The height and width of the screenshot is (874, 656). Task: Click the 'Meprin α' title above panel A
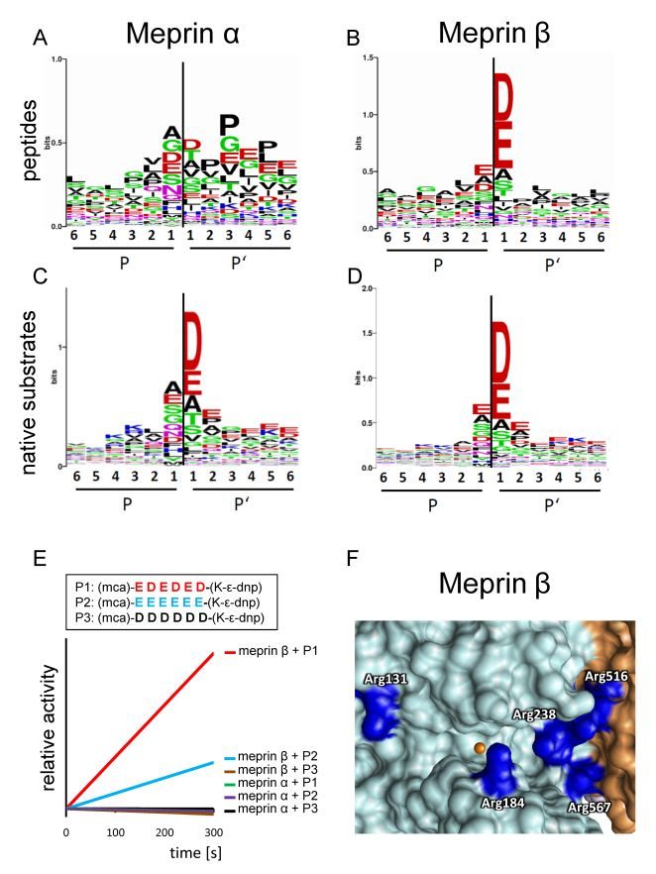[x=185, y=36]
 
